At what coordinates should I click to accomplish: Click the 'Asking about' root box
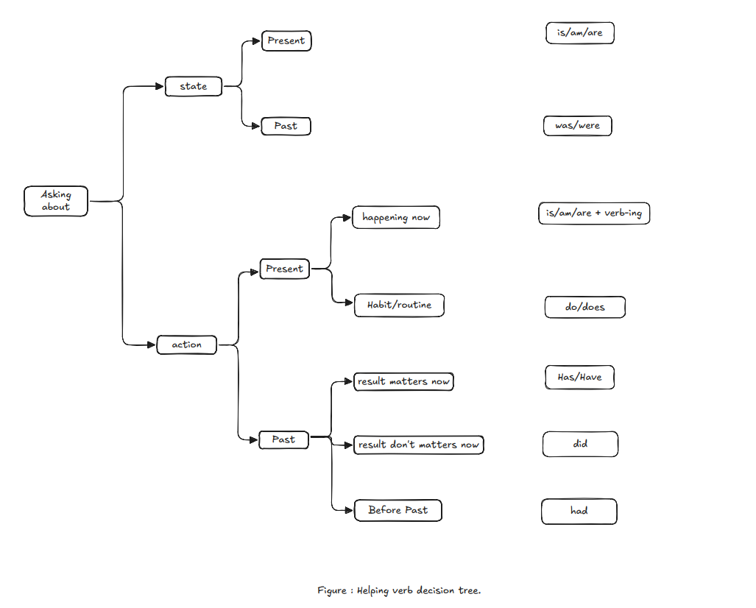coord(56,201)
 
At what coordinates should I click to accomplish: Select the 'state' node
coord(194,86)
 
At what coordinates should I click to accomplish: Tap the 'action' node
coord(187,344)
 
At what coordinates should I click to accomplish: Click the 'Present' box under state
coord(286,40)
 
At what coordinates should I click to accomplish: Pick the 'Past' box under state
coord(286,126)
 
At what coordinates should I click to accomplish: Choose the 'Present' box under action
coord(285,269)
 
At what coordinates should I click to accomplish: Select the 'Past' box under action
coord(283,439)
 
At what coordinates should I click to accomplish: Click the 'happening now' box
coord(396,218)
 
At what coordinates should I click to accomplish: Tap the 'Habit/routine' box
coord(399,305)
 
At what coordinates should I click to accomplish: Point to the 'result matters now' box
coord(403,381)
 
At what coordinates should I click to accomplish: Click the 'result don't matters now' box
coord(418,445)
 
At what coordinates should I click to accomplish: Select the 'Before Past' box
coord(398,510)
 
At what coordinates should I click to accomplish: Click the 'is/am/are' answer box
coord(580,33)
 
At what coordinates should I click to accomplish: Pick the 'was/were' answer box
coord(578,126)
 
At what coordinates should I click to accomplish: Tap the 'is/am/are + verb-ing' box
coord(594,213)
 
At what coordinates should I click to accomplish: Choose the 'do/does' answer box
coord(585,307)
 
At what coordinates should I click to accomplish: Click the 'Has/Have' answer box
coord(580,377)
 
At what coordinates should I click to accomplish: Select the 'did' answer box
coord(580,444)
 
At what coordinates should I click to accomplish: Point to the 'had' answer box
coord(579,511)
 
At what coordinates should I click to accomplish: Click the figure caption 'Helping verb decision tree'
coord(399,590)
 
